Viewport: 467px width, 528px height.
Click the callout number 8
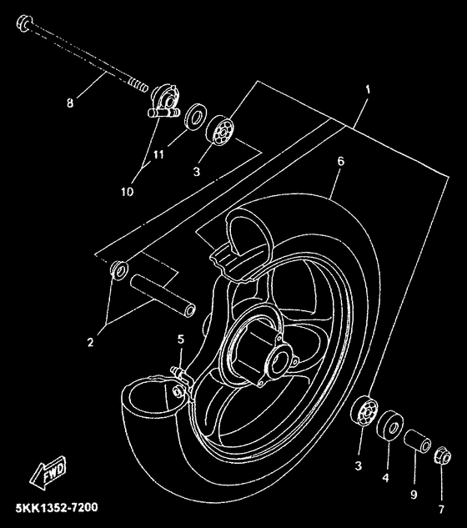(70, 103)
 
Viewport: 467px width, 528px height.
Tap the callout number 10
(128, 192)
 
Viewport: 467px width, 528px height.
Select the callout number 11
(158, 154)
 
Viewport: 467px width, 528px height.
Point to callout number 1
(368, 90)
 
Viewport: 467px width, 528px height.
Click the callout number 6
(341, 162)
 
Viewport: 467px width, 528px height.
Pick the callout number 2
(90, 343)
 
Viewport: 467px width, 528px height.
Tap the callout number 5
(181, 339)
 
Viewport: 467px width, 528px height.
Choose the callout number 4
(385, 477)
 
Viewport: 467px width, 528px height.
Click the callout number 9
(414, 495)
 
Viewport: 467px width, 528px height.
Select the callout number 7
(441, 509)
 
